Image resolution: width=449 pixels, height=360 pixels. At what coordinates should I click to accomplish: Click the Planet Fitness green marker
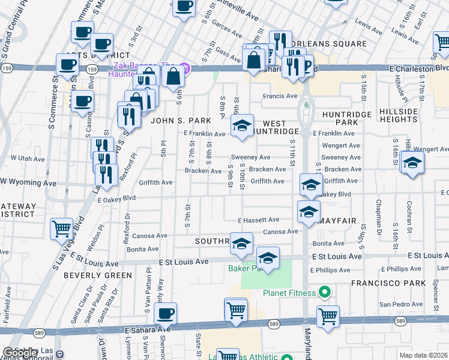point(325,293)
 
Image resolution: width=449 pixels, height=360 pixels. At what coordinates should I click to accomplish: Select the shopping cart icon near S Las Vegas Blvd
point(61,228)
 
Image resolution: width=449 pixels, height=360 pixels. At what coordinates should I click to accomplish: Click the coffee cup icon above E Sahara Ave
point(166,313)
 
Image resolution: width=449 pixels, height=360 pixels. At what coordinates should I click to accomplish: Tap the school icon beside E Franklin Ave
point(242,125)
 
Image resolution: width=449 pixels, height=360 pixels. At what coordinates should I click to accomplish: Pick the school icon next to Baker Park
point(268,258)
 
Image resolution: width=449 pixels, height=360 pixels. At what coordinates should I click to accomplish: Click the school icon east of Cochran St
point(412,163)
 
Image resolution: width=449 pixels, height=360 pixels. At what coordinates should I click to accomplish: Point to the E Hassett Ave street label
point(258,220)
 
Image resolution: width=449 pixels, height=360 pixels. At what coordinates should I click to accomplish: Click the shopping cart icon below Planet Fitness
point(328,316)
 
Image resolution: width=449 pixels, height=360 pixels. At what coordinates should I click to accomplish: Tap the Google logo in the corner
point(19,353)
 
